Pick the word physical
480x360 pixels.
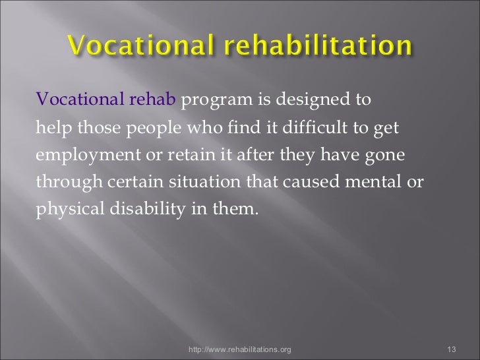(x=67, y=210)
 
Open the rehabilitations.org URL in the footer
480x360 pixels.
(x=239, y=349)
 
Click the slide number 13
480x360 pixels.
(x=452, y=349)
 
